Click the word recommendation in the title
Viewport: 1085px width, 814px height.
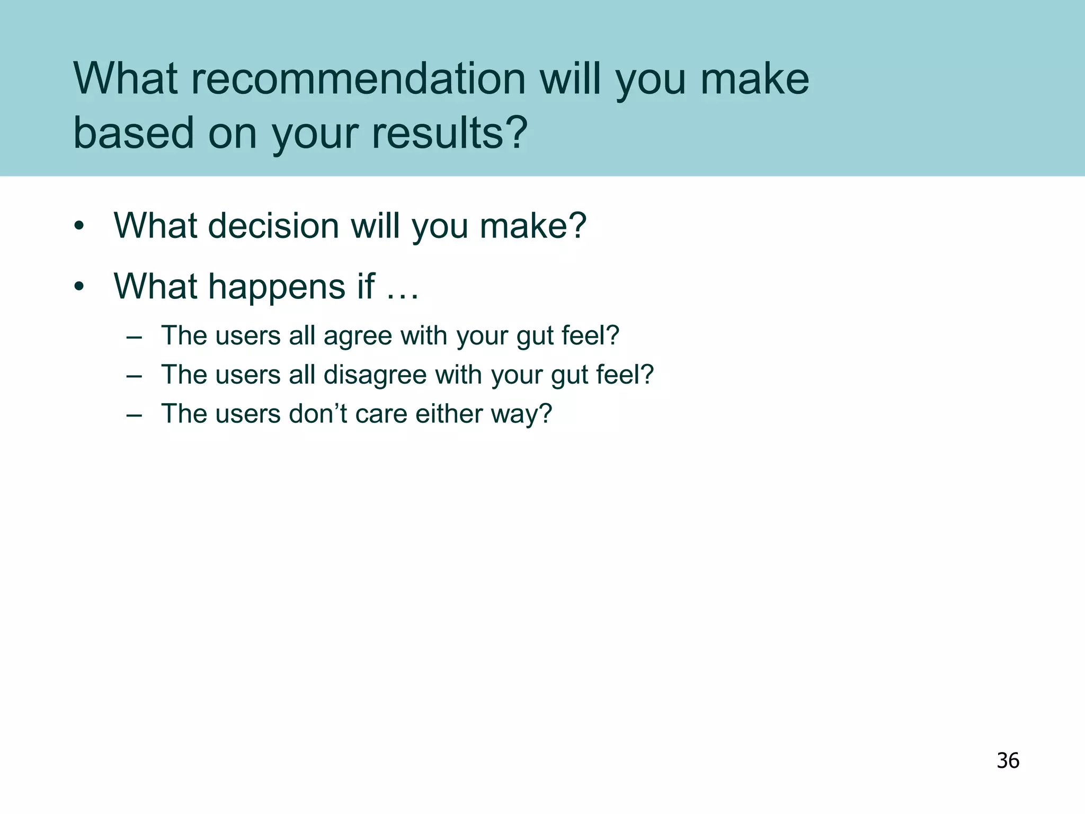(358, 79)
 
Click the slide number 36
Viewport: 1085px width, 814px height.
(1008, 760)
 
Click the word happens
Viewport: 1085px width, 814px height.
(277, 287)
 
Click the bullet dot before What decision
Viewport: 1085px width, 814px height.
(79, 226)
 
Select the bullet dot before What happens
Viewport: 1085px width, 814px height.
(79, 287)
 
